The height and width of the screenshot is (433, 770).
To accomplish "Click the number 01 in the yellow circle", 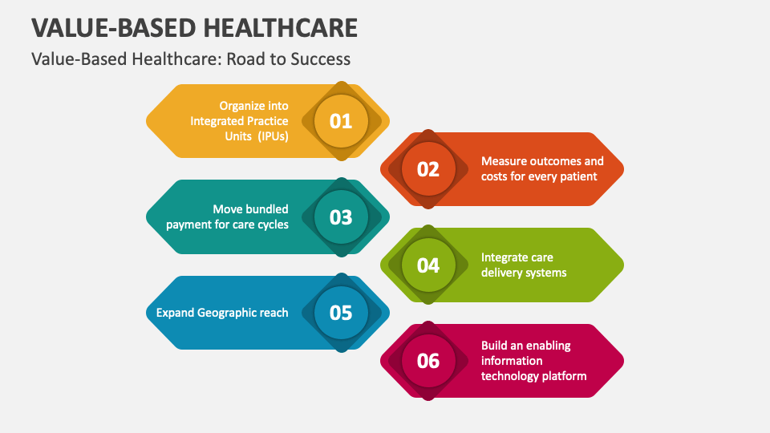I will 341,121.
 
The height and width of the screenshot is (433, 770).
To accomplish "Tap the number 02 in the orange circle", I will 428,169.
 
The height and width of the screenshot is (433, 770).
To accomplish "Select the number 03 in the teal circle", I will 341,217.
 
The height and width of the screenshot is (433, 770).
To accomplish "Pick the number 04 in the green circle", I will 428,265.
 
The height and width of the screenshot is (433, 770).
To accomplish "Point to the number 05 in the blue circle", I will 341,313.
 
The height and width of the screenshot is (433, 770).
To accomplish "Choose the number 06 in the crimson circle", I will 428,361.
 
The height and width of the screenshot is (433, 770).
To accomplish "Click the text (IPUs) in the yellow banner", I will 273,136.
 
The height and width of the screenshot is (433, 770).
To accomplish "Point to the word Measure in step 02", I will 503,161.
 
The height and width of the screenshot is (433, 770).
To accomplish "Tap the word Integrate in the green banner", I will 505,257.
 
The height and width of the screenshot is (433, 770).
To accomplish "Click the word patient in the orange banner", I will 578,176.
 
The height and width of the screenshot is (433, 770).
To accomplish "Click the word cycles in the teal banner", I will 271,225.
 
